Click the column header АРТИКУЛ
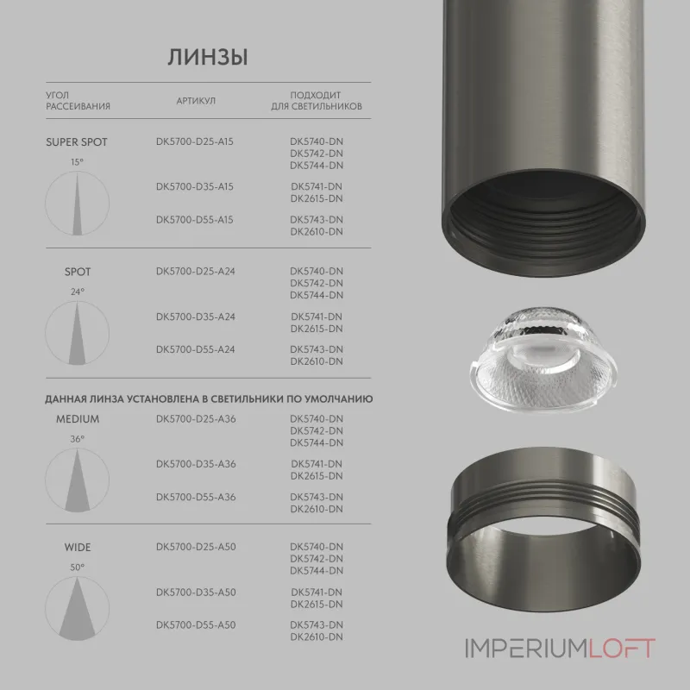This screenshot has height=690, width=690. click(196, 101)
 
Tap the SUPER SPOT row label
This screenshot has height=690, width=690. click(77, 142)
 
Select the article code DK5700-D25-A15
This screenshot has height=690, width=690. click(196, 142)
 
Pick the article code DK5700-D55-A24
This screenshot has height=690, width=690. click(196, 349)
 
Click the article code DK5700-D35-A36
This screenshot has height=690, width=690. click(196, 465)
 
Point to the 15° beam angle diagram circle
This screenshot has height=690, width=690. click(78, 201)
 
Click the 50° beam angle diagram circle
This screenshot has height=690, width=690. click(78, 606)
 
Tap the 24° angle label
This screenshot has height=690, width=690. click(78, 292)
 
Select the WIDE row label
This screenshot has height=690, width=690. click(78, 548)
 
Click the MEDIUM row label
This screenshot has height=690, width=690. click(78, 420)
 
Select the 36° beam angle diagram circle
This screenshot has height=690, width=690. click(78, 479)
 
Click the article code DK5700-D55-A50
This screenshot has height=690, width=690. click(196, 624)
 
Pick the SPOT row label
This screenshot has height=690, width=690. click(78, 273)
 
